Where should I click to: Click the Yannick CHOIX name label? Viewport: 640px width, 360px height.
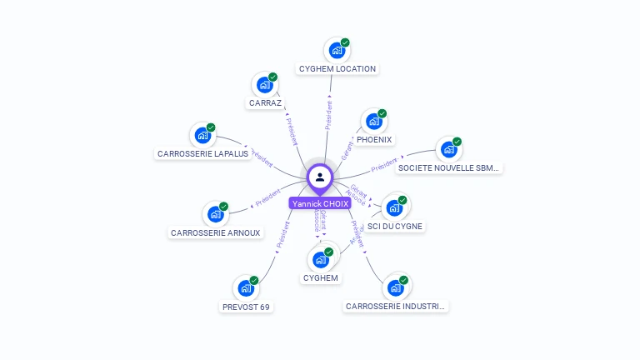(x=320, y=203)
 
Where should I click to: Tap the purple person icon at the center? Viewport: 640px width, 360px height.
(x=320, y=177)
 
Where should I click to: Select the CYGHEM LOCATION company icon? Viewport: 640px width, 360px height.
(x=337, y=50)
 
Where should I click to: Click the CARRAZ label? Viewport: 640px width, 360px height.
(x=265, y=103)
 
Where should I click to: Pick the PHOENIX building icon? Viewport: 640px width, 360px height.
(x=373, y=122)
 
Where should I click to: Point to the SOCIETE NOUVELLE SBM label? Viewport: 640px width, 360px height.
(x=449, y=168)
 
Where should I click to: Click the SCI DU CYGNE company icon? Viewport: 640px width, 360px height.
(x=394, y=207)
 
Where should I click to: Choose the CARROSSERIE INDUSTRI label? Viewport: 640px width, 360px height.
(x=396, y=307)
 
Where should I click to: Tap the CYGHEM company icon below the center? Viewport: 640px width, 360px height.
(x=320, y=259)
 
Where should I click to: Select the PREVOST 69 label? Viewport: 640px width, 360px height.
(x=246, y=307)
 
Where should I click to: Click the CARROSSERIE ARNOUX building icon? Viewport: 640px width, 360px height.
(x=215, y=214)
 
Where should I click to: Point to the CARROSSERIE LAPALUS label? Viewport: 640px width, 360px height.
(x=202, y=154)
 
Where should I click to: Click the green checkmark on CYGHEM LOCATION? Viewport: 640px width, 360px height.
(x=345, y=42)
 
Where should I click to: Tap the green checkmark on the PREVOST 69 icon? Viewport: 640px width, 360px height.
(x=254, y=281)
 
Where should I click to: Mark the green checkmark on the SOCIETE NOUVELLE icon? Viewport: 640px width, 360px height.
(x=457, y=142)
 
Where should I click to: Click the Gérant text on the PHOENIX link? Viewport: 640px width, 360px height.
(x=347, y=150)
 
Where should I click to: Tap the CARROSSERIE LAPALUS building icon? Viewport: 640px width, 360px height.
(x=202, y=135)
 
